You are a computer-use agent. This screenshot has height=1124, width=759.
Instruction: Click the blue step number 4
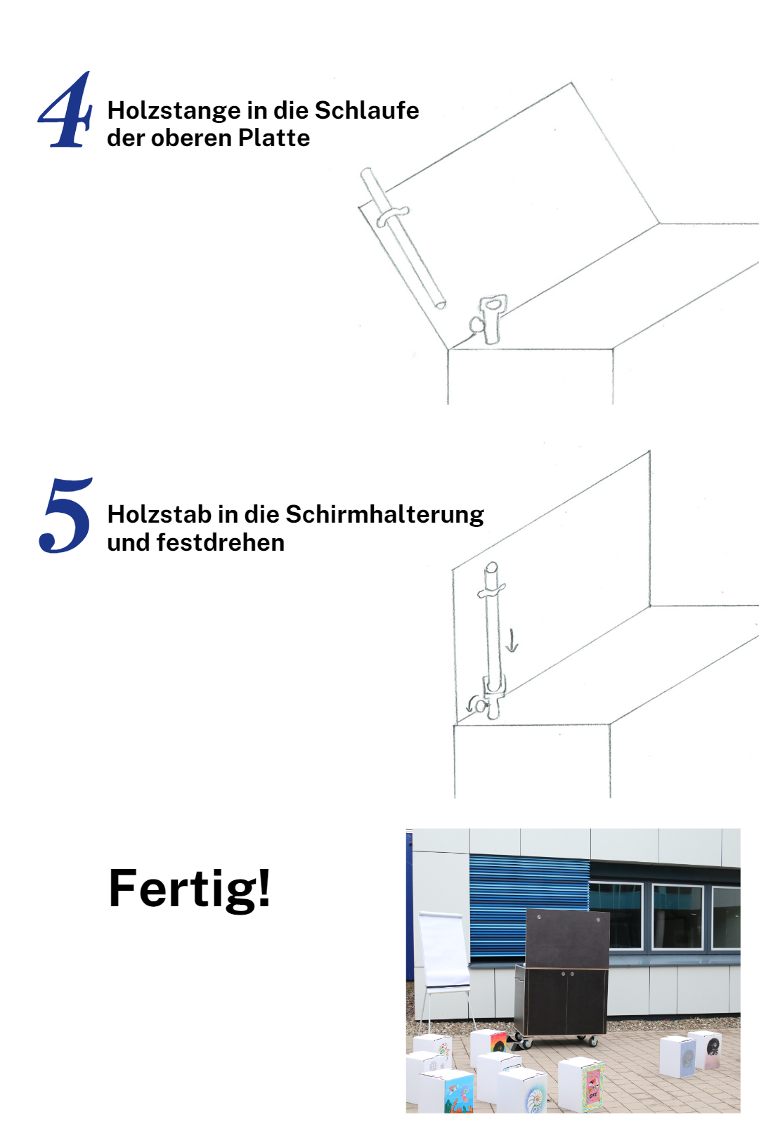[x=65, y=110]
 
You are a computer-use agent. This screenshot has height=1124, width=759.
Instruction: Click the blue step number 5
[x=65, y=516]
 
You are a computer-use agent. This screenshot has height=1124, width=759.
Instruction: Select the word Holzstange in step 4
[x=174, y=112]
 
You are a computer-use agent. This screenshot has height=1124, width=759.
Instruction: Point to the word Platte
[x=273, y=138]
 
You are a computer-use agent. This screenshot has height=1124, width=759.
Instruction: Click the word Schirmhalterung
[x=384, y=515]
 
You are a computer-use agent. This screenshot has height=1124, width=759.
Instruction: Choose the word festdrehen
[x=221, y=542]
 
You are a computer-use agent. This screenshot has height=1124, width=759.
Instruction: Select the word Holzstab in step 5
[x=160, y=514]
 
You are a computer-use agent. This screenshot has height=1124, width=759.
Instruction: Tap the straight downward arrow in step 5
[x=512, y=641]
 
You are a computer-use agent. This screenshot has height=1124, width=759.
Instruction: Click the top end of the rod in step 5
[x=491, y=566]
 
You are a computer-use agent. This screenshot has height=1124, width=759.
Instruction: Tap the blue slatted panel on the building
[x=530, y=908]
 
